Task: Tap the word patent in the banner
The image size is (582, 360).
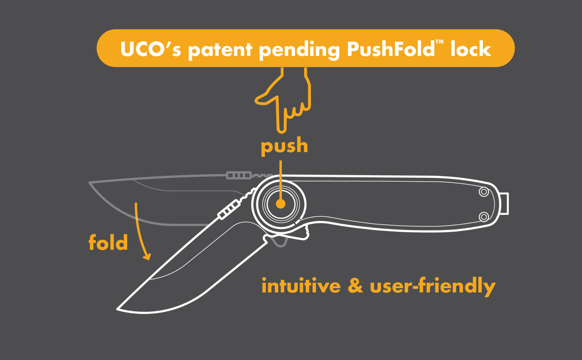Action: pos(220,50)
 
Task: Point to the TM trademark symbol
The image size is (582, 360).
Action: pos(439,42)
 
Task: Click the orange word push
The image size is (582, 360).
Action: pos(284,146)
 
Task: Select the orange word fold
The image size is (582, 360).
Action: pos(108,242)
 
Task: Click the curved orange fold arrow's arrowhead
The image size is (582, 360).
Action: pos(147,257)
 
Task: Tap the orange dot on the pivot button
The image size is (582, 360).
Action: pos(280,204)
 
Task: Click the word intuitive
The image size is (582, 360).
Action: pos(301,285)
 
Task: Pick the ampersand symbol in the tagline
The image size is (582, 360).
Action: pos(355,285)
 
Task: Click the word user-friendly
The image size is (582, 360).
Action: pos(432,286)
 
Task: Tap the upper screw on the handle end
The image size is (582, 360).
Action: pos(484,192)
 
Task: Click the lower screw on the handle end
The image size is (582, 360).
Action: pos(484,217)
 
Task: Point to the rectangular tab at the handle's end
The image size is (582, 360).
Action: pos(505,204)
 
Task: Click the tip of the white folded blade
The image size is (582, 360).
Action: pos(118,309)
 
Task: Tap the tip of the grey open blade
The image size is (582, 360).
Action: pos(90,183)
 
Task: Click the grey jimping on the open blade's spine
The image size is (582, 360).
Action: pos(239,176)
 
